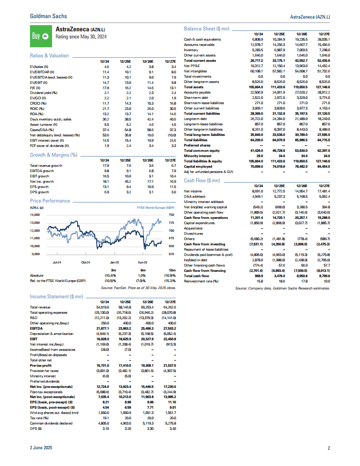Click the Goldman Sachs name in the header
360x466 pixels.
[48, 16]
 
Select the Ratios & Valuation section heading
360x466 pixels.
[49, 56]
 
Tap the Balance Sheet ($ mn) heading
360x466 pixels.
[206, 29]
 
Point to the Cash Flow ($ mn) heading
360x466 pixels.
[202, 180]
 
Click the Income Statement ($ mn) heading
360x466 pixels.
[56, 296]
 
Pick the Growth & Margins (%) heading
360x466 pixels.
[53, 155]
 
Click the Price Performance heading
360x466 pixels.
[49, 201]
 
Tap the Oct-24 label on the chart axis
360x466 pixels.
[86, 263]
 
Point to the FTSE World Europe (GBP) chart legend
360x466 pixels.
[156, 207]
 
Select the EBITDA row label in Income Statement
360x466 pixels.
[36, 328]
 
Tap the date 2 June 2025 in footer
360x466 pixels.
[41, 448]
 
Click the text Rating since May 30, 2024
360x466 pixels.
[81, 37]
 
